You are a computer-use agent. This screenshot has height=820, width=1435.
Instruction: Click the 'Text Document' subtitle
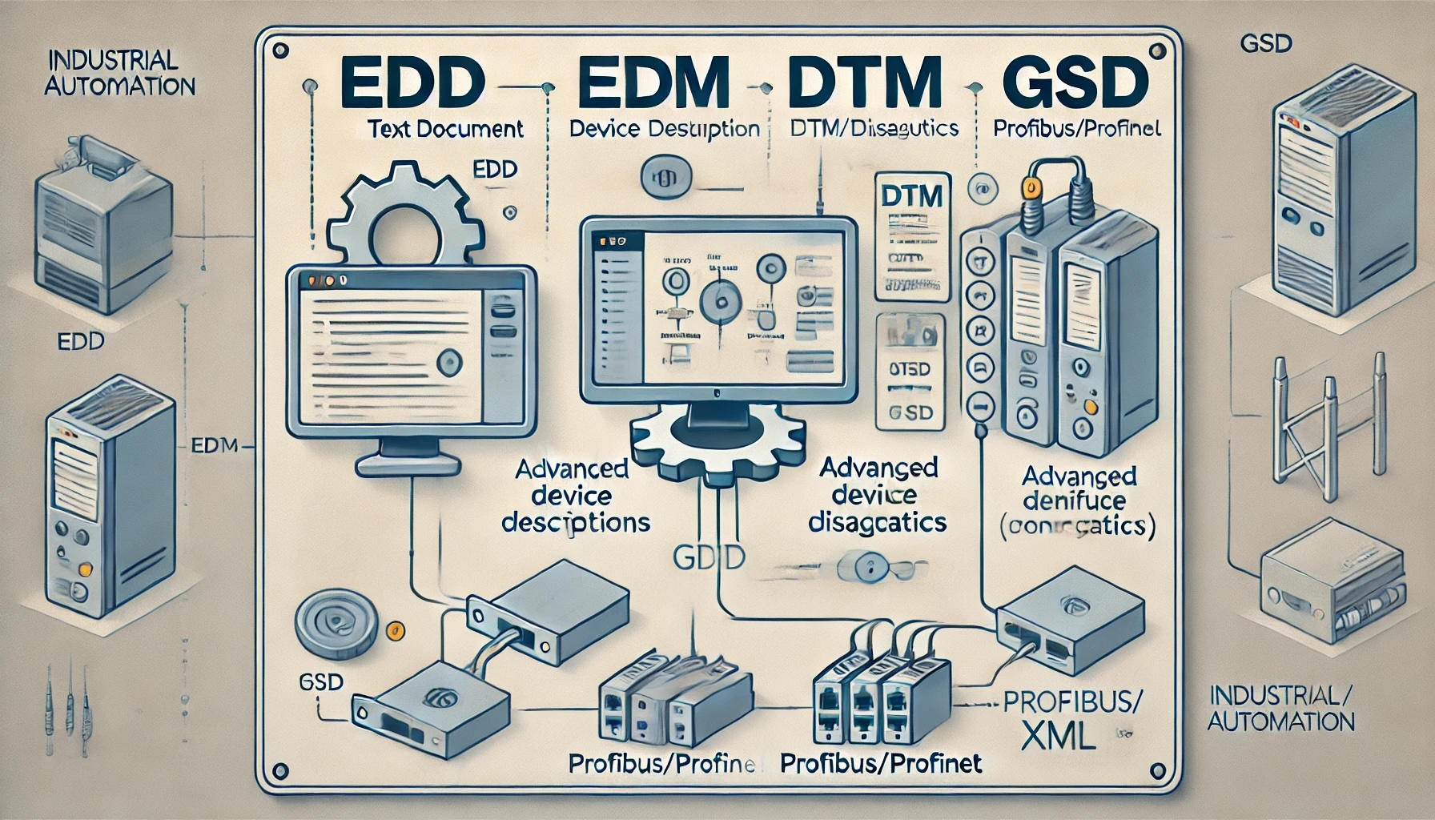(446, 128)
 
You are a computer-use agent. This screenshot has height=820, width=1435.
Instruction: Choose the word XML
(1058, 735)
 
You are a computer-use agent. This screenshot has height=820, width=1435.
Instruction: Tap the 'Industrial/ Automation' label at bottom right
(1280, 707)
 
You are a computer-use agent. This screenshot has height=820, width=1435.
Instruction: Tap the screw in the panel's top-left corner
(279, 50)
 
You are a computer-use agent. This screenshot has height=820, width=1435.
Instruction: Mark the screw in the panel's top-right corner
(1156, 51)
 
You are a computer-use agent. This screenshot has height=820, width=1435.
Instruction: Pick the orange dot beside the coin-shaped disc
(393, 629)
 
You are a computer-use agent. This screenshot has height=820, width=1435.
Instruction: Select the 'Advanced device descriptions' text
(574, 496)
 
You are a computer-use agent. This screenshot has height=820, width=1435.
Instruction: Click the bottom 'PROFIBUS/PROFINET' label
(881, 763)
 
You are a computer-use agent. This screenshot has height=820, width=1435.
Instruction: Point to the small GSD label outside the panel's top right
(1265, 43)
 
